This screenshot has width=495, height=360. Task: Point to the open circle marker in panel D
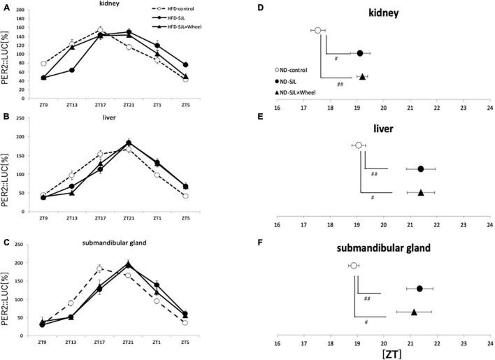pos(317,31)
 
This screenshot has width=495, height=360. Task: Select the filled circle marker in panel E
pos(421,168)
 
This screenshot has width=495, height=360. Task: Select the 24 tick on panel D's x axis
pos(489,108)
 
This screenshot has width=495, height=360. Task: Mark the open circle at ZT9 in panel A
pos(44,64)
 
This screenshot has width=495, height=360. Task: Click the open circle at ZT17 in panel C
pos(100,268)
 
